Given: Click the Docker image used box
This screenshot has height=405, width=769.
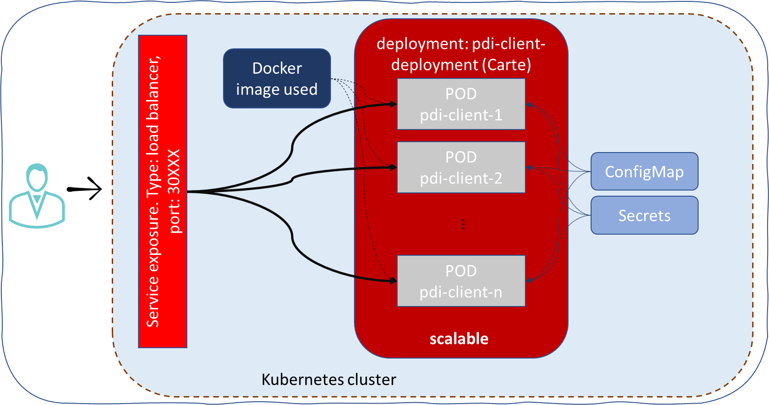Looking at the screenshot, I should click(277, 78).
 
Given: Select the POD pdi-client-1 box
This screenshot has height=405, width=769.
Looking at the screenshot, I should click(461, 104).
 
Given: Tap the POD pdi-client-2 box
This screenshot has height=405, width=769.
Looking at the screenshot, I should click(461, 167).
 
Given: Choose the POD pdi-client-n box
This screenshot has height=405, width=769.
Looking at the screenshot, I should click(461, 281).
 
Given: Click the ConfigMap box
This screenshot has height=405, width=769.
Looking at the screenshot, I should click(644, 171).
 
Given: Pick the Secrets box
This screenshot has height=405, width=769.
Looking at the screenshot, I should click(644, 215).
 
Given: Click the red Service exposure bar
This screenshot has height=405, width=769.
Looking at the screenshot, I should click(162, 191).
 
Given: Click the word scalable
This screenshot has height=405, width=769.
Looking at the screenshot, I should click(459, 338).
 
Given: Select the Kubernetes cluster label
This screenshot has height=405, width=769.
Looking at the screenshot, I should click(329, 379).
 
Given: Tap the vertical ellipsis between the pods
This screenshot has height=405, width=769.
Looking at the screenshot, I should click(463, 224).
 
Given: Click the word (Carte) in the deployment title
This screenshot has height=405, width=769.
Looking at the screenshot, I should click(509, 64).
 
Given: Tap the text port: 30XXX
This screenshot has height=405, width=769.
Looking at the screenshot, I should click(174, 191).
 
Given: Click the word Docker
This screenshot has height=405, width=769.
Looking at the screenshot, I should click(277, 68).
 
